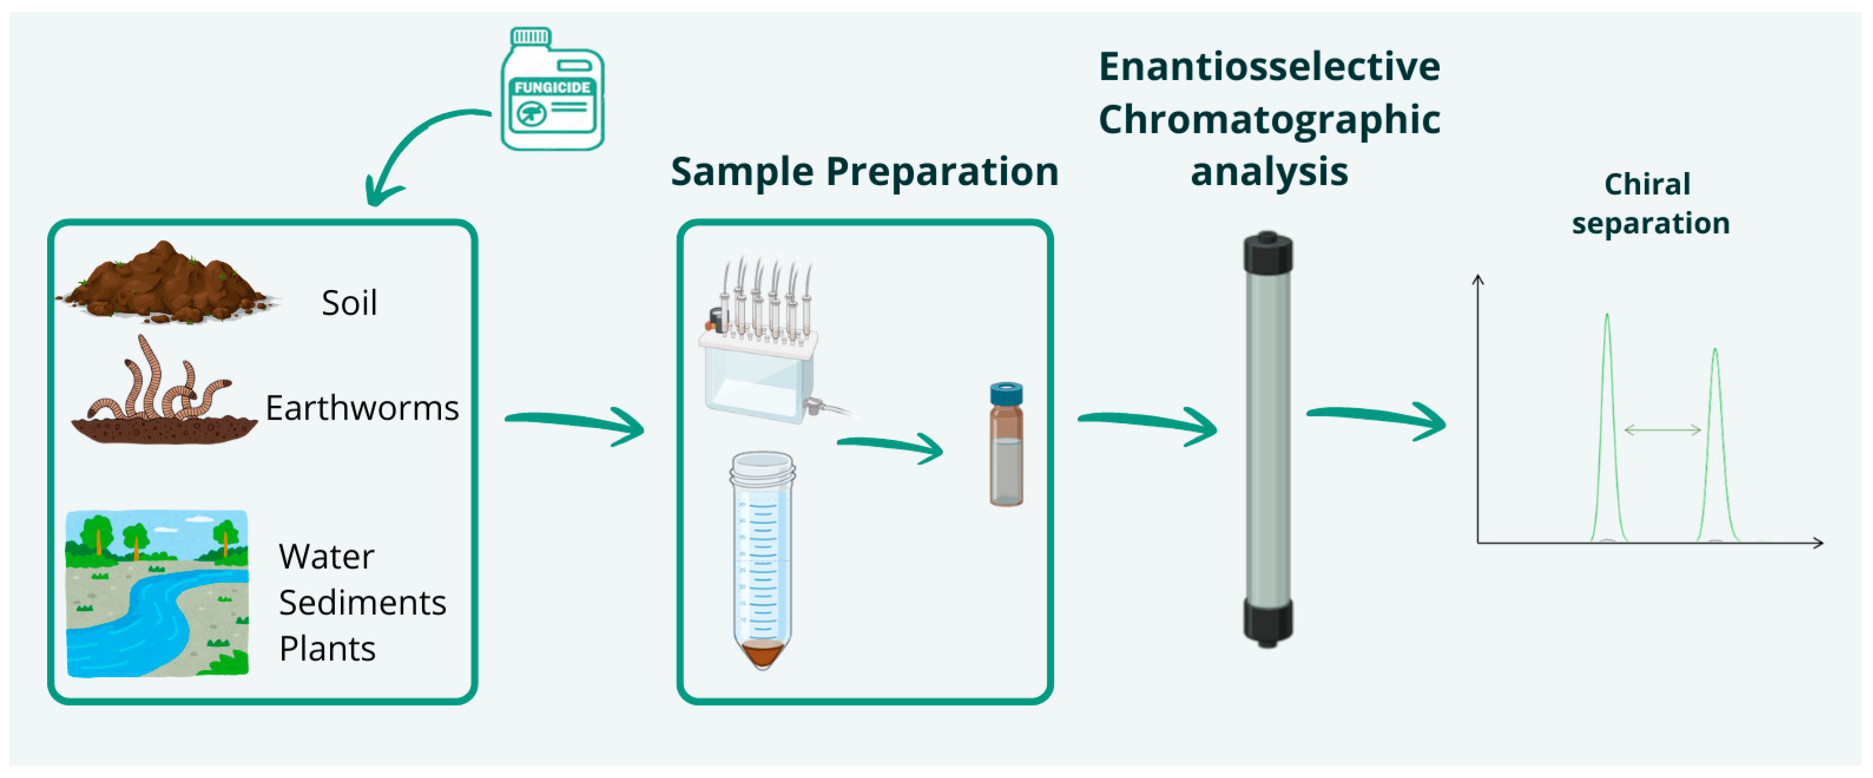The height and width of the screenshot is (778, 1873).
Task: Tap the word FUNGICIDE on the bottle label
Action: [552, 87]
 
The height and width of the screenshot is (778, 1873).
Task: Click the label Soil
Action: [349, 302]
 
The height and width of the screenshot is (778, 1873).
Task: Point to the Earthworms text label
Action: [362, 408]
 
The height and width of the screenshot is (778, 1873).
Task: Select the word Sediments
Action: [362, 603]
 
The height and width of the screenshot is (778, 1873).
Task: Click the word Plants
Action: [327, 648]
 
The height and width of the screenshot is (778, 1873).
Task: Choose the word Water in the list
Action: [327, 557]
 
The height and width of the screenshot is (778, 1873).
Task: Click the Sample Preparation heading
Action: [864, 172]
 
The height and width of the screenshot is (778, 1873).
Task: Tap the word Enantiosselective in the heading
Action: [1269, 67]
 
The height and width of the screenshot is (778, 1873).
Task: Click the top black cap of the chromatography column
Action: [1268, 253]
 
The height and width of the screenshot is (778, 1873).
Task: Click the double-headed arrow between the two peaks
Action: [1662, 430]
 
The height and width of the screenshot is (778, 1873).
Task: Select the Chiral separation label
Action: [1650, 203]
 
